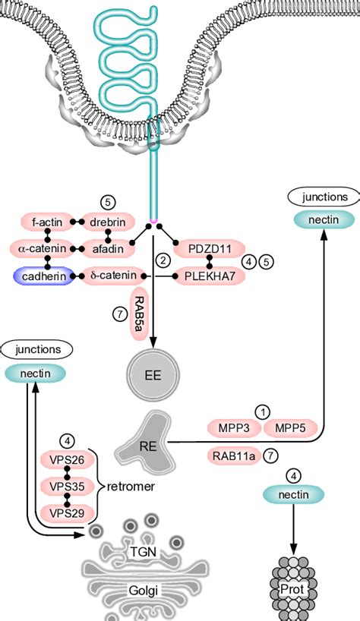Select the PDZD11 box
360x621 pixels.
click(x=208, y=248)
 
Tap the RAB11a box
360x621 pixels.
click(x=234, y=456)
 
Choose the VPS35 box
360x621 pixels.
click(x=68, y=486)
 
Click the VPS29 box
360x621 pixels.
click(x=68, y=512)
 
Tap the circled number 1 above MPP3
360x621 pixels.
click(x=262, y=411)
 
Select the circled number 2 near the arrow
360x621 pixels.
click(x=161, y=260)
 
